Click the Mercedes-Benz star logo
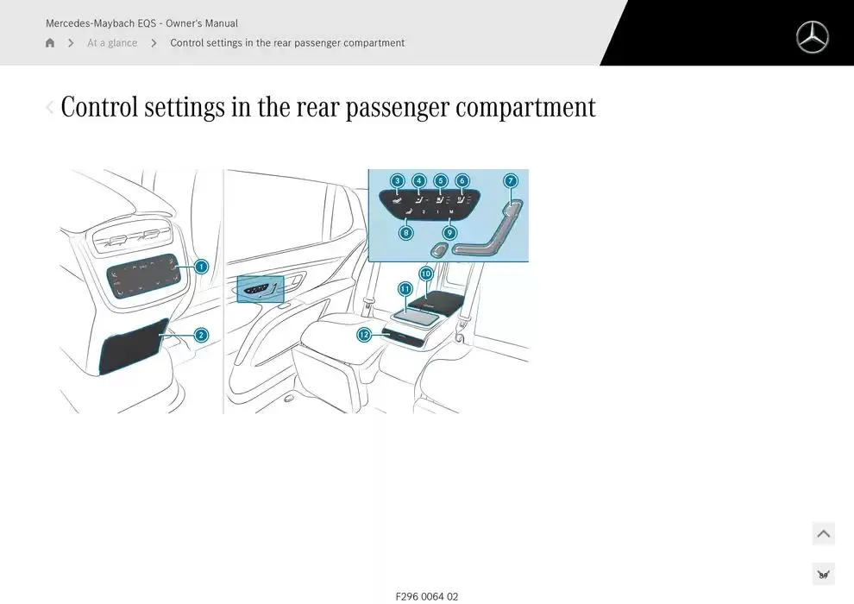point(812,38)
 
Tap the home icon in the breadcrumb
point(50,43)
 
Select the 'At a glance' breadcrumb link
point(112,43)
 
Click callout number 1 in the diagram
point(201,267)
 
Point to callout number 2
point(201,335)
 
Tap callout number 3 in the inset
point(397,181)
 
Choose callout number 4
point(419,181)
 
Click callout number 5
point(441,181)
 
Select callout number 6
point(462,181)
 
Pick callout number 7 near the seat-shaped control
point(511,181)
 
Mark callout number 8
point(406,232)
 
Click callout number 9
point(450,232)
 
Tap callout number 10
point(426,274)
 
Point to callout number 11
point(405,289)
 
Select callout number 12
point(364,335)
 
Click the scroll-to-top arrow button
point(824,534)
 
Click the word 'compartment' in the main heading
point(525,108)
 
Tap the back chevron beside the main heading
point(49,108)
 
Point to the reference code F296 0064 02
point(427,596)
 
